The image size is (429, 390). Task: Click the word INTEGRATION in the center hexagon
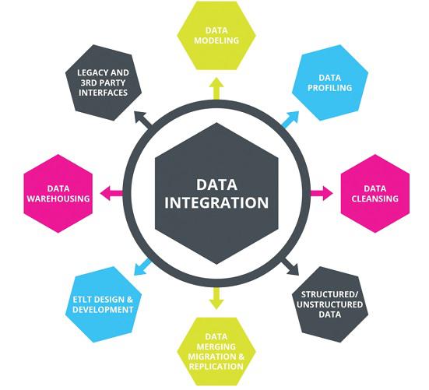tap(216, 202)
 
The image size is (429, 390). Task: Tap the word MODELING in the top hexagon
tap(216, 40)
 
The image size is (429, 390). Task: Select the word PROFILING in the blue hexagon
tap(329, 88)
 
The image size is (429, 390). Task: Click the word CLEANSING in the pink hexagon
tap(374, 199)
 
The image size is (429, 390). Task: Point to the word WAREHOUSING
tap(58, 199)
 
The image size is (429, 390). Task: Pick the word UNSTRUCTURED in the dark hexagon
tap(329, 304)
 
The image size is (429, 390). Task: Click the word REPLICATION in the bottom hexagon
tap(216, 367)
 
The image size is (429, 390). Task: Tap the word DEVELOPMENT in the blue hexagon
tap(103, 310)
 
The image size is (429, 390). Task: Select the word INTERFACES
tap(103, 93)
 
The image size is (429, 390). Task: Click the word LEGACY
tap(91, 72)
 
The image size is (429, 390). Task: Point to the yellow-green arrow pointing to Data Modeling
tap(216, 89)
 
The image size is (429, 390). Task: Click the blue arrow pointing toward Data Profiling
tap(290, 120)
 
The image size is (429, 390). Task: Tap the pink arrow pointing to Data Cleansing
tap(322, 193)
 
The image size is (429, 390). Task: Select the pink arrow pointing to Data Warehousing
tap(111, 193)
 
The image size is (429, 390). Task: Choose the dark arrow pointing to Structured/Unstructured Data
tap(290, 266)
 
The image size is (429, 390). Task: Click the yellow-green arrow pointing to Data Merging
tap(216, 298)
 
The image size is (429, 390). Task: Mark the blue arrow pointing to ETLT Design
tap(142, 267)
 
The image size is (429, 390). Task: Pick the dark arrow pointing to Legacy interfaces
tap(142, 120)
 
